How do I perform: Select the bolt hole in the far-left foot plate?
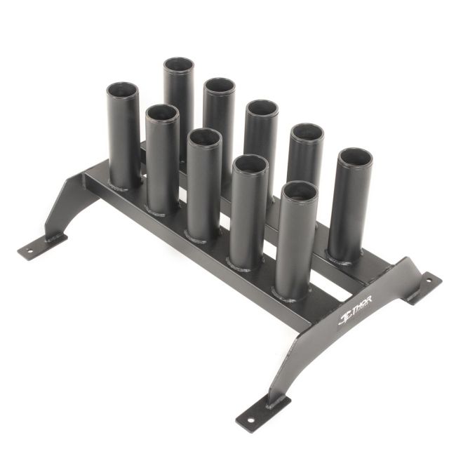point(32,248)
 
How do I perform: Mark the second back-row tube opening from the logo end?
point(307,134)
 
